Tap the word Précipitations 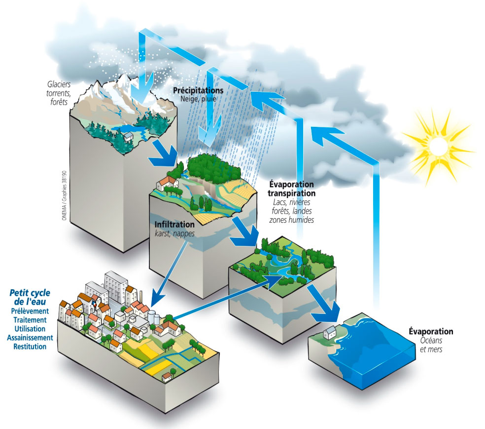pos(198,91)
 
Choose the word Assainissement pos(30,338)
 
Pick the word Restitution pos(31,347)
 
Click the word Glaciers pos(54,84)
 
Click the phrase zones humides pos(291,220)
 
